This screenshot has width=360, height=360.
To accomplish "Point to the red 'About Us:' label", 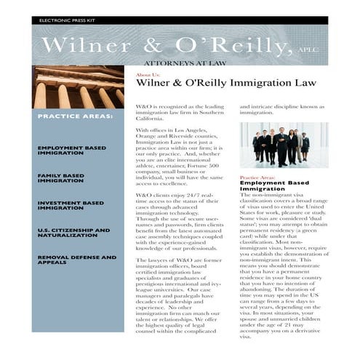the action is [x=148, y=75].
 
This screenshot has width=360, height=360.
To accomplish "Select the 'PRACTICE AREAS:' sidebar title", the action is [x=75, y=116].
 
